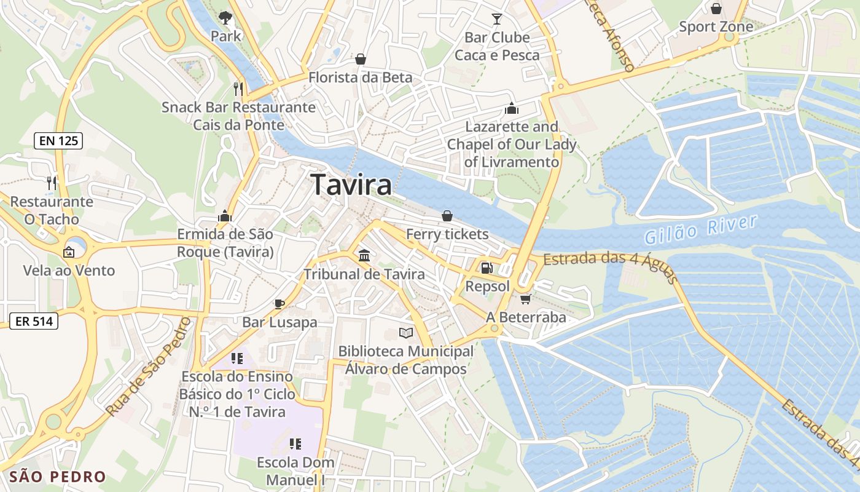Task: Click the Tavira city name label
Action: (x=351, y=184)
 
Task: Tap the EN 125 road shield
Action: (x=58, y=141)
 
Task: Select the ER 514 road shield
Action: (x=34, y=320)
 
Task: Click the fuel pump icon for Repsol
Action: (x=487, y=268)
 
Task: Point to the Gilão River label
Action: (x=700, y=229)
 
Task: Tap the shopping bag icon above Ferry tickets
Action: (x=447, y=216)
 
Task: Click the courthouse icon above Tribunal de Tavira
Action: (x=364, y=255)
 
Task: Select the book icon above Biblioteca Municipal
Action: (x=405, y=333)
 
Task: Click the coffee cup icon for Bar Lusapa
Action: (x=279, y=303)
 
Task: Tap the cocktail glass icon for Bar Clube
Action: (x=497, y=18)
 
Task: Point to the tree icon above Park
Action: (x=225, y=17)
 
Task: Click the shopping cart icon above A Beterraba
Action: (x=525, y=299)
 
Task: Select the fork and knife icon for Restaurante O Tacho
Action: (x=52, y=183)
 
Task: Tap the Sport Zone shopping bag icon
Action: (x=716, y=9)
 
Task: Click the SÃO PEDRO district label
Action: (x=58, y=477)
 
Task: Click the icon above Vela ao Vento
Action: (x=69, y=252)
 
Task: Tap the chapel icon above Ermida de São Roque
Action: (x=225, y=216)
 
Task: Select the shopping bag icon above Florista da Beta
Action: (x=361, y=59)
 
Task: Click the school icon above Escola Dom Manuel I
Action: (x=295, y=443)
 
